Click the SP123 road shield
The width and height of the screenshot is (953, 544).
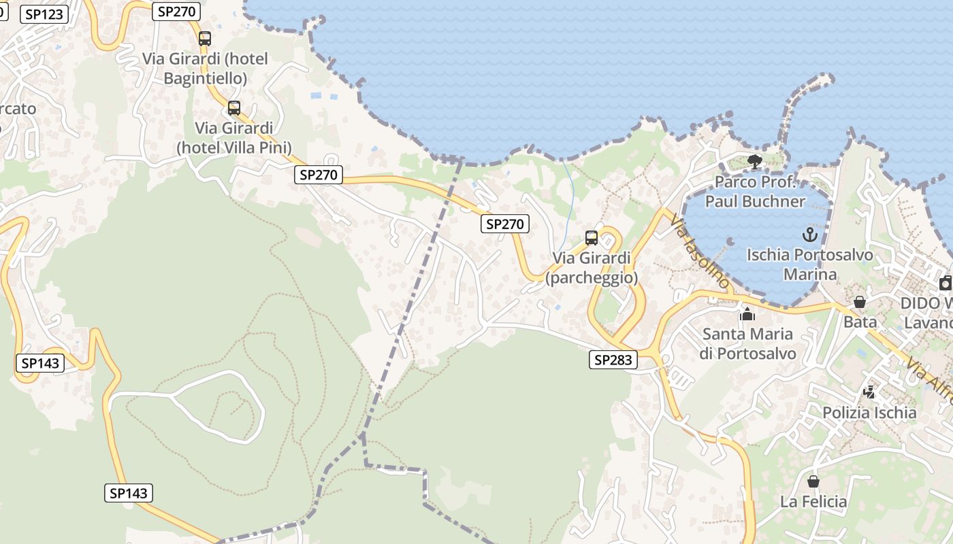(44, 14)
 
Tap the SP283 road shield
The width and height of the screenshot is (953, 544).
(613, 360)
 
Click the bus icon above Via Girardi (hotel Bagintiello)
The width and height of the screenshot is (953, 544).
(205, 39)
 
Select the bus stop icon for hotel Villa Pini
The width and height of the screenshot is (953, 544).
(234, 107)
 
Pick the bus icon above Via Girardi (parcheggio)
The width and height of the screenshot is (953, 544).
(592, 238)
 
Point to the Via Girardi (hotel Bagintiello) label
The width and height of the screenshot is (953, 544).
(205, 69)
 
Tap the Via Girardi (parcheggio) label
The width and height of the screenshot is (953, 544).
(592, 268)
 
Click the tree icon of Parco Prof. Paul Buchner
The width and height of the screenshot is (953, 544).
(754, 162)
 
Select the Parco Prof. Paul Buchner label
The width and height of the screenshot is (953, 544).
(755, 192)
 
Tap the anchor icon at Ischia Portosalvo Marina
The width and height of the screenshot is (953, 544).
(809, 235)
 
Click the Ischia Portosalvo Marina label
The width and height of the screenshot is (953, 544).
(809, 265)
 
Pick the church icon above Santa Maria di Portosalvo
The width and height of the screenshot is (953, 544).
(747, 314)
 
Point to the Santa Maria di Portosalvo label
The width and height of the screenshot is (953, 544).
(747, 344)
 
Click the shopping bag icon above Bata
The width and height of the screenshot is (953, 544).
(860, 301)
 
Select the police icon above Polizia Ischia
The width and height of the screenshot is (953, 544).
(869, 392)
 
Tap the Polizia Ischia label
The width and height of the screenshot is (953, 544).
(869, 413)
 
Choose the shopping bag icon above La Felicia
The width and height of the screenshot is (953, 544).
(813, 482)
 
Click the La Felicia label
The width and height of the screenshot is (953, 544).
(813, 503)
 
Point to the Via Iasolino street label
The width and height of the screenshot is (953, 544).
(700, 251)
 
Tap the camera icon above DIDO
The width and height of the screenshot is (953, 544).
(945, 283)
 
